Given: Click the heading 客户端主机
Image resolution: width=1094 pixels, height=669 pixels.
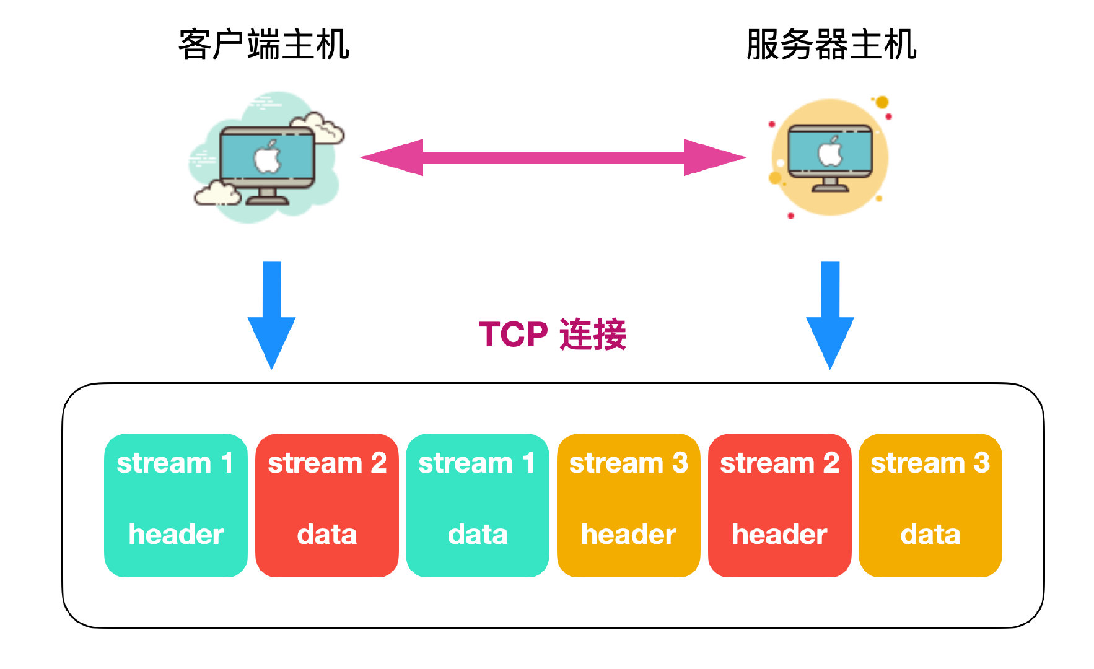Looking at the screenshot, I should click(x=264, y=45).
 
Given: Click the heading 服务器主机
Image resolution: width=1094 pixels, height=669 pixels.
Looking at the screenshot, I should click(x=831, y=45).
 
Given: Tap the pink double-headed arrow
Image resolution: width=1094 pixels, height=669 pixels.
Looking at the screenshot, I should click(x=553, y=157).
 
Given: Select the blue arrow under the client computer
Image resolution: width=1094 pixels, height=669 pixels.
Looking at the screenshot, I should click(x=271, y=313).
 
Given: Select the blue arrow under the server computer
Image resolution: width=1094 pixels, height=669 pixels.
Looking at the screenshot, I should click(x=829, y=313).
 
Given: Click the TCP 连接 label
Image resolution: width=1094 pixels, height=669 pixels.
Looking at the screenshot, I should click(x=553, y=334).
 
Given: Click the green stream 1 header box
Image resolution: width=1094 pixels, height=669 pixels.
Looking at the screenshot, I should click(x=176, y=505).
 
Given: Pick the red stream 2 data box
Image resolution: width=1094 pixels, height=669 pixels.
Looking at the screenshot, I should click(x=326, y=505).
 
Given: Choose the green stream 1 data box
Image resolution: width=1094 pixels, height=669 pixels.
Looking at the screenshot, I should click(x=477, y=505).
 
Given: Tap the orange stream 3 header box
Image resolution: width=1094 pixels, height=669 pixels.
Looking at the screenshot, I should click(x=628, y=505).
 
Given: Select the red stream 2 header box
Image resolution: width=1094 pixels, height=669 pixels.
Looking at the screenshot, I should click(x=779, y=505).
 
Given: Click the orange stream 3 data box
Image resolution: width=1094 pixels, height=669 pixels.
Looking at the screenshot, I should click(x=930, y=505).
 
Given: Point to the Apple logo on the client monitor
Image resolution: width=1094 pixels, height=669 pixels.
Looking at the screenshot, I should click(x=268, y=157).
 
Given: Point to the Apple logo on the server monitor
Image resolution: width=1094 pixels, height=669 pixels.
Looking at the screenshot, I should click(x=830, y=152).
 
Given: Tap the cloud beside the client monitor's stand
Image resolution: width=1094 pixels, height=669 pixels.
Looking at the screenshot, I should click(x=217, y=193).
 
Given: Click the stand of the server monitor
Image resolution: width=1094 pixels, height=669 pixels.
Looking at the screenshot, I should click(x=830, y=185).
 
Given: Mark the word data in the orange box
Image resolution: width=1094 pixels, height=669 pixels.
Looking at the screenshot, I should click(x=930, y=535).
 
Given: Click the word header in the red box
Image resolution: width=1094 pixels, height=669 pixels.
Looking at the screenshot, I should click(x=779, y=535).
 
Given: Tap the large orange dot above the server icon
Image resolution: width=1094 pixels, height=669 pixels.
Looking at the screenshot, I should click(x=882, y=102).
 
